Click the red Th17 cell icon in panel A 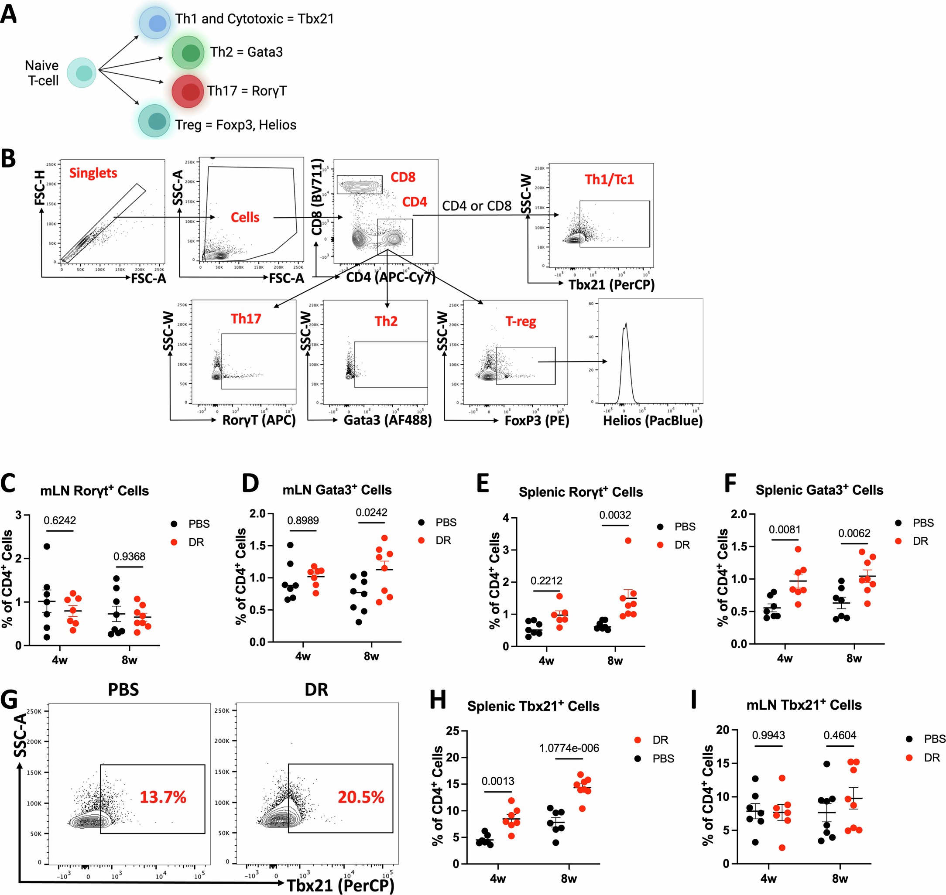click(189, 91)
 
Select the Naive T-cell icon click(82, 73)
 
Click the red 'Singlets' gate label click(93, 173)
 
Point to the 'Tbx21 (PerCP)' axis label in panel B click(611, 285)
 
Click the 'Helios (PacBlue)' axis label click(652, 421)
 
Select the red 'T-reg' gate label click(521, 322)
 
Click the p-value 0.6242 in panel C click(60, 520)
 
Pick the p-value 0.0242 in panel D click(371, 513)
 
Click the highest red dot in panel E click(628, 540)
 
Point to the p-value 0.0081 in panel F click(785, 529)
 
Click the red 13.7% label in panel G click(163, 797)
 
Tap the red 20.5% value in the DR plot click(361, 797)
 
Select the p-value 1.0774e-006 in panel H click(569, 748)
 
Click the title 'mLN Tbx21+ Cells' click(804, 705)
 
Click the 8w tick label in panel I click(840, 879)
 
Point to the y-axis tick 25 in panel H click(452, 731)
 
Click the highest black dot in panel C click(47, 546)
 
